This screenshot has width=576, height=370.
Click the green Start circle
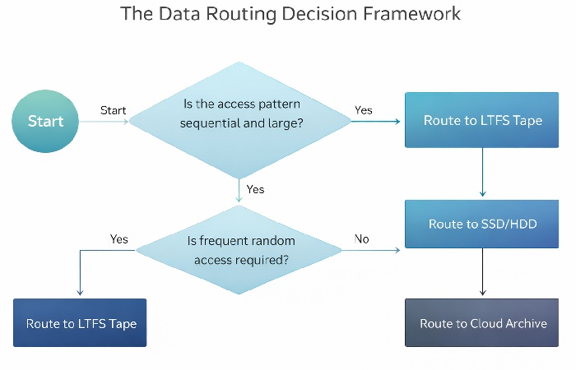(45, 121)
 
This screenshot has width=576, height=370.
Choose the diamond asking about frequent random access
(240, 250)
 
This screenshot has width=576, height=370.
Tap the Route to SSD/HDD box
(482, 224)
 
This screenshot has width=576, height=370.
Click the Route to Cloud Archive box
(482, 323)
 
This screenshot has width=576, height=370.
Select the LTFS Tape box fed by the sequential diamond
(482, 120)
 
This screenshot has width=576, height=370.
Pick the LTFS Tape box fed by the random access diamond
(80, 323)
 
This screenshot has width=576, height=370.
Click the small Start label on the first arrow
(113, 110)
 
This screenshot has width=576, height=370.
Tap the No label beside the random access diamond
(361, 239)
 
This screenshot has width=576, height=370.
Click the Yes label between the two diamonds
(255, 189)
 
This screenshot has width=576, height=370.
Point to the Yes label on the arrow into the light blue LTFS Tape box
(363, 110)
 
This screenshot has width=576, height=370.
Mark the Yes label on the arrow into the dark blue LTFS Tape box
(119, 239)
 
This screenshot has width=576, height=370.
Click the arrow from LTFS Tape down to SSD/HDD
(482, 173)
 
